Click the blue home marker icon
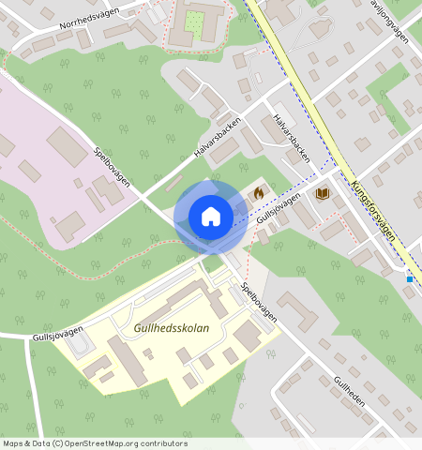point(211,217)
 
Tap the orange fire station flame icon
point(258,191)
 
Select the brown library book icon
point(323,193)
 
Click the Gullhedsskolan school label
point(172,329)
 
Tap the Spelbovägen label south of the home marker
point(258,304)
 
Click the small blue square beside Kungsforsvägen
point(410,278)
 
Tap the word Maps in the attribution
point(14,443)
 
